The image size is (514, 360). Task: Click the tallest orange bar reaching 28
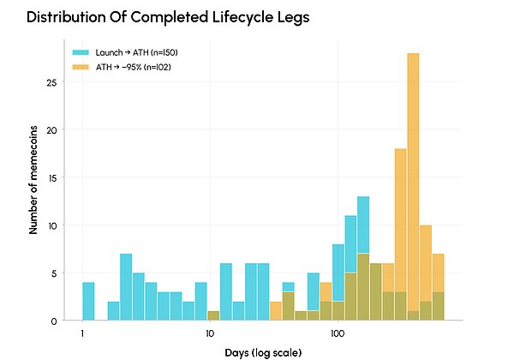(x=413, y=186)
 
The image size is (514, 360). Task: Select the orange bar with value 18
(x=401, y=234)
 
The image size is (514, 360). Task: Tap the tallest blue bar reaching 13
(x=363, y=258)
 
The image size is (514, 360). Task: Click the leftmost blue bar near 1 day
(x=88, y=301)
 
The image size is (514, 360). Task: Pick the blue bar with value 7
(x=126, y=287)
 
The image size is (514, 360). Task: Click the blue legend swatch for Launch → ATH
(x=81, y=52)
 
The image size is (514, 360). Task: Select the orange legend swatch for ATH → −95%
(x=81, y=67)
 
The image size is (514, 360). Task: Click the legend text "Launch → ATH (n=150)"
(x=137, y=52)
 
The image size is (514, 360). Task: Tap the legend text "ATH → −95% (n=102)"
(x=134, y=67)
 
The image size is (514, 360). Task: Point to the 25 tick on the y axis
(x=51, y=82)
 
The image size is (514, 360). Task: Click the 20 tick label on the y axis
(x=51, y=130)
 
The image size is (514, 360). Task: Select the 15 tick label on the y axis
(x=51, y=178)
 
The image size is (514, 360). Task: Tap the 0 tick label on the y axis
(x=54, y=321)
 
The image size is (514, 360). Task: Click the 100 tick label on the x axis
(x=338, y=333)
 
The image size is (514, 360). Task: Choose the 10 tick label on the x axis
(x=210, y=333)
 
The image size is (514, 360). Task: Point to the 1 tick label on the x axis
(x=82, y=333)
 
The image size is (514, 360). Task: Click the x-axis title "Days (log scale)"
(x=263, y=353)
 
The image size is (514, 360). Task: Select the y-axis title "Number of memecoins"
(x=33, y=180)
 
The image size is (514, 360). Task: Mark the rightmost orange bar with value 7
(x=438, y=287)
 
